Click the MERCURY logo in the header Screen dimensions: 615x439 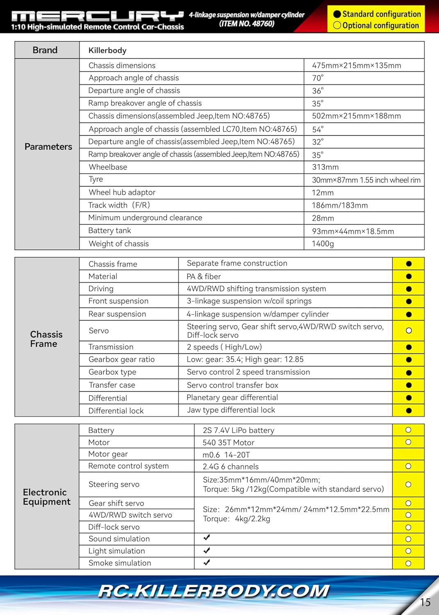click(98, 16)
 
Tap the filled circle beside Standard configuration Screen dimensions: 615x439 click(337, 14)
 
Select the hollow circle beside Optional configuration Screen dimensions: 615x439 click(337, 25)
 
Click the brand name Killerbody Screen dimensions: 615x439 click(107, 50)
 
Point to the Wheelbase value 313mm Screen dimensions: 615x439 click(325, 167)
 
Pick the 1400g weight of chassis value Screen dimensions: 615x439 click(323, 244)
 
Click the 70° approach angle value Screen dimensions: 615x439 click(318, 78)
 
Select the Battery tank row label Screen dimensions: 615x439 click(109, 231)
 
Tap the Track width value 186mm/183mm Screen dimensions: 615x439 click(340, 205)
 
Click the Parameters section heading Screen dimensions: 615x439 click(48, 147)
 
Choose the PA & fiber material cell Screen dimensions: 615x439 click(204, 277)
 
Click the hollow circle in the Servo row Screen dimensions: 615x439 click(409, 331)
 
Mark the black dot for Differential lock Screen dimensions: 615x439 click(409, 411)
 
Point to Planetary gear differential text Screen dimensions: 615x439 click(232, 398)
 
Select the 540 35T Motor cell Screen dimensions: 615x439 click(228, 443)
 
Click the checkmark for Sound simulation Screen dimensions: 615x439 click(207, 538)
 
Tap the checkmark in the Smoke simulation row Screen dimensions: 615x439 click(207, 563)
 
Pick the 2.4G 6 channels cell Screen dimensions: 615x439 click(230, 467)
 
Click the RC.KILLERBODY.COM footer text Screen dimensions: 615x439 click(214, 591)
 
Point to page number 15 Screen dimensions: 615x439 click(425, 602)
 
